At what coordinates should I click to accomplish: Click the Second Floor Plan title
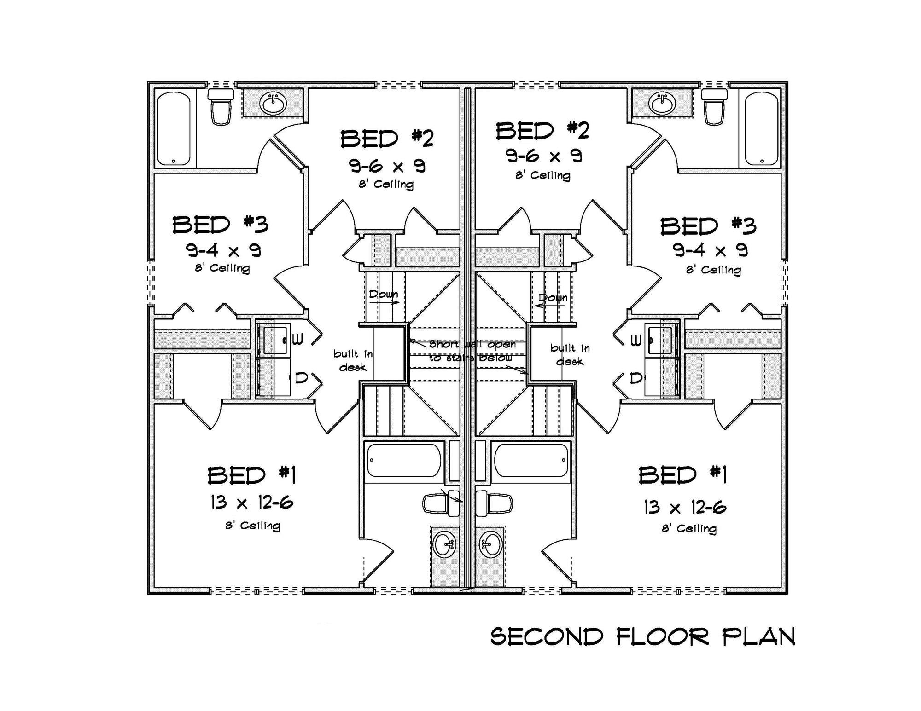(643, 637)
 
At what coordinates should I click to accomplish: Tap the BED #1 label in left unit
(251, 475)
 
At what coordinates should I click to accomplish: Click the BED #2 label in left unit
(387, 139)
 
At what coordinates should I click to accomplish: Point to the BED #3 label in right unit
(708, 226)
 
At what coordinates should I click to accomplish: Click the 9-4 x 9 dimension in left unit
(223, 250)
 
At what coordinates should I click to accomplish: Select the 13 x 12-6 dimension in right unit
(685, 508)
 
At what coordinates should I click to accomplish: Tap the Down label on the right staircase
(553, 298)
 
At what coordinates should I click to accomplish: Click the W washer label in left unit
(297, 340)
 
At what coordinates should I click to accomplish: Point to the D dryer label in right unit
(635, 378)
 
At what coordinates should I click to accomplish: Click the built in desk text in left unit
(353, 360)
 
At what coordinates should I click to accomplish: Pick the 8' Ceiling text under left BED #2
(386, 185)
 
